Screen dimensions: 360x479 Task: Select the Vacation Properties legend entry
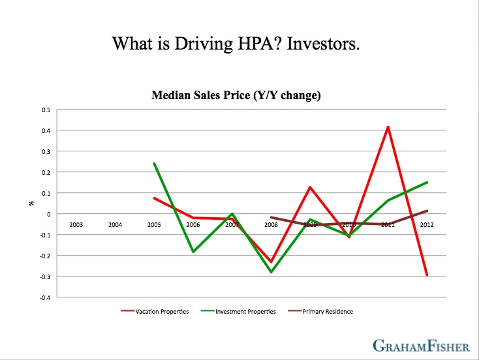pyautogui.click(x=161, y=312)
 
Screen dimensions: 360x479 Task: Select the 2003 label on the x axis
pyautogui.click(x=76, y=225)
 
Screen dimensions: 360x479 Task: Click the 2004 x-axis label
pyautogui.click(x=115, y=225)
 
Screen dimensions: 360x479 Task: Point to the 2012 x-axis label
pyautogui.click(x=426, y=225)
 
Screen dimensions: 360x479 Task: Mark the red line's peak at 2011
pyautogui.click(x=388, y=127)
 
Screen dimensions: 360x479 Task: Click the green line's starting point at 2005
pyautogui.click(x=154, y=164)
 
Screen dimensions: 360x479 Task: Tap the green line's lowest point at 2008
pyautogui.click(x=271, y=272)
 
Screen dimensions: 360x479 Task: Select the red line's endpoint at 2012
pyautogui.click(x=427, y=275)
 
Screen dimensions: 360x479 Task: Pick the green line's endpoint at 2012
pyautogui.click(x=427, y=183)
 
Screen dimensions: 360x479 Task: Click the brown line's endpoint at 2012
pyautogui.click(x=427, y=211)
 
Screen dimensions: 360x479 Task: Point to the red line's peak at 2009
pyautogui.click(x=310, y=187)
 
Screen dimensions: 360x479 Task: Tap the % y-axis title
pyautogui.click(x=31, y=203)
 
